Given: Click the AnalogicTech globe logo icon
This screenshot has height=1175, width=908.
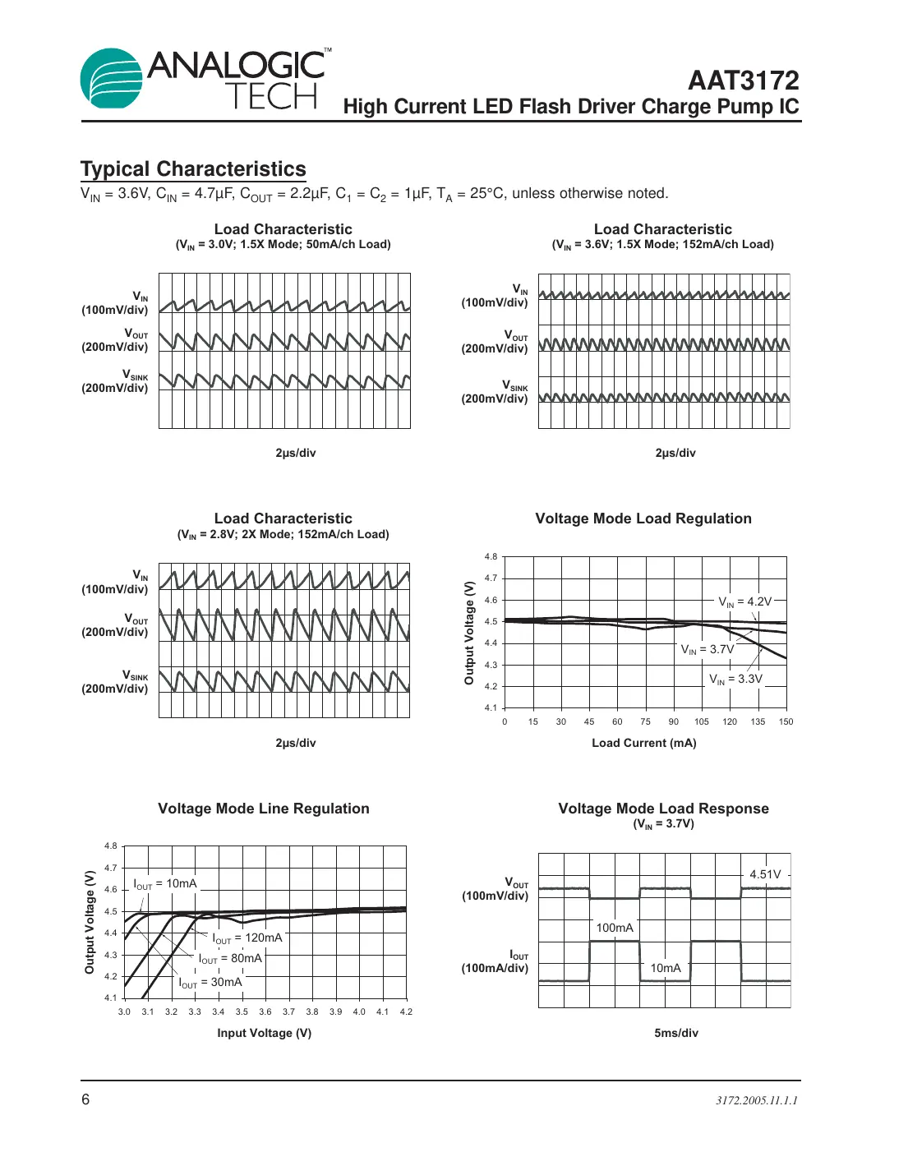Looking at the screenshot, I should [x=112, y=79].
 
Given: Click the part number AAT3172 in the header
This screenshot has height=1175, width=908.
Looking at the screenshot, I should [x=743, y=81].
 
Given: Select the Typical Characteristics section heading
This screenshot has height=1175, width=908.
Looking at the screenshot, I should [x=193, y=169].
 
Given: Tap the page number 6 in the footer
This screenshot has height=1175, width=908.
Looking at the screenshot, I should [x=85, y=1099].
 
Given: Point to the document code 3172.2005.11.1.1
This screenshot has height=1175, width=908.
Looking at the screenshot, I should [x=756, y=1100].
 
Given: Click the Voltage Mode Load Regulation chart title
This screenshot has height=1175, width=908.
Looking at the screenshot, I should [x=643, y=518].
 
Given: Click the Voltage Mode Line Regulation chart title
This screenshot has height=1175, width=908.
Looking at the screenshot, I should [x=264, y=809].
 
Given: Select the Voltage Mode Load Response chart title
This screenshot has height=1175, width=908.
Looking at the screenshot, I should [x=663, y=809].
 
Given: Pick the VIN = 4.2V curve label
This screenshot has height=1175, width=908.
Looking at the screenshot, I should [x=744, y=601].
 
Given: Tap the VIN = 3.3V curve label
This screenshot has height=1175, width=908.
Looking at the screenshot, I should [x=735, y=679].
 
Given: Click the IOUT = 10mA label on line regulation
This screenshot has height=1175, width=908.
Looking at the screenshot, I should [x=165, y=883].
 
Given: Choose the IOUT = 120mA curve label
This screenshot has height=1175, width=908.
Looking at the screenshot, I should [x=247, y=938].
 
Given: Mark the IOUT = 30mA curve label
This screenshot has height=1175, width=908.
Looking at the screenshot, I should [x=210, y=982].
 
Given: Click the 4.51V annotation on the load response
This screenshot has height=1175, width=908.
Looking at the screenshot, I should [x=765, y=874].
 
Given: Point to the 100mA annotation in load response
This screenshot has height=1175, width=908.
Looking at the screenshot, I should [x=615, y=928].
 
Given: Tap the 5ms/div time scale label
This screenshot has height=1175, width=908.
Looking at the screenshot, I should [x=675, y=1033].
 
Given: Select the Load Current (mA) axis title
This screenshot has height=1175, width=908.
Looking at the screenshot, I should [x=643, y=743].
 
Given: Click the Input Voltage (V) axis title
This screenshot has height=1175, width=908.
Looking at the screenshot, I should [x=264, y=1033].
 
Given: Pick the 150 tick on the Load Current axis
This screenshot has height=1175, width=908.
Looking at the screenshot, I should [x=786, y=721].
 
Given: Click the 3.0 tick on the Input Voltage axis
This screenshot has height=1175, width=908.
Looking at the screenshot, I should [x=124, y=1011].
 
